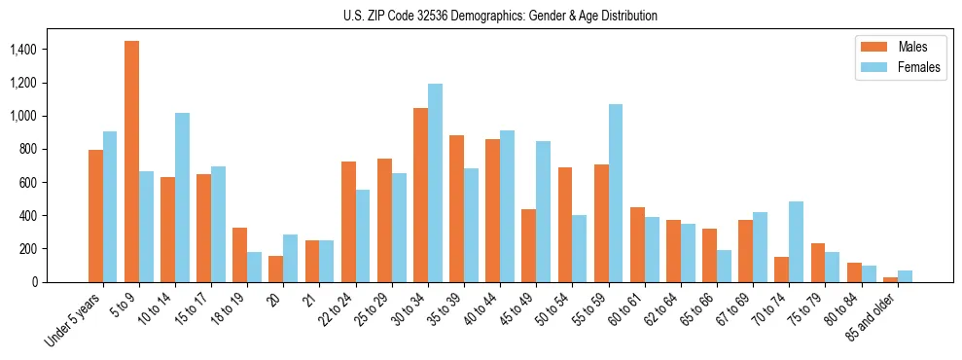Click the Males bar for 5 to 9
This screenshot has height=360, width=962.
131,162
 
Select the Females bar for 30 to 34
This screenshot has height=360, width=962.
435,183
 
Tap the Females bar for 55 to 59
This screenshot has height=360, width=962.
616,193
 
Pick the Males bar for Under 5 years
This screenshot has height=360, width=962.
95,216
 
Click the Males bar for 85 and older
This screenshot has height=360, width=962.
890,279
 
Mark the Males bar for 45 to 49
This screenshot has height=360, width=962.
528,245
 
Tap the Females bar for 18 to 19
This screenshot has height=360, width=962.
254,267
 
